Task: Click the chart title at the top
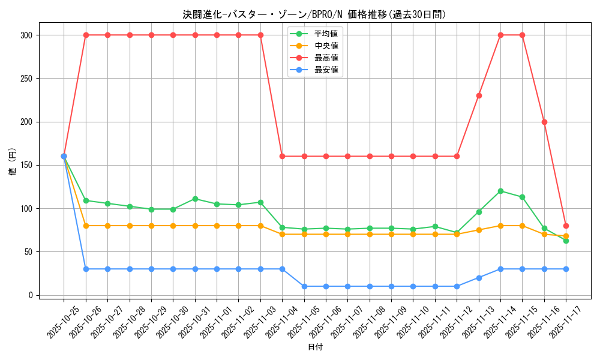pos(314,14)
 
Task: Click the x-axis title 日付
pos(315,347)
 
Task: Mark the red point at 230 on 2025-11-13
pos(479,95)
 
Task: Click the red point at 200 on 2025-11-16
pos(544,122)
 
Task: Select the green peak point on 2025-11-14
pos(500,191)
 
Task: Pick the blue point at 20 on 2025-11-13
pos(479,278)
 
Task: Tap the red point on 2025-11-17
pos(566,226)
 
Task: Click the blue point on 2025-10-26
pos(86,269)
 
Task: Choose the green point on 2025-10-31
pos(195,199)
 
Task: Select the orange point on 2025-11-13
pos(479,230)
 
